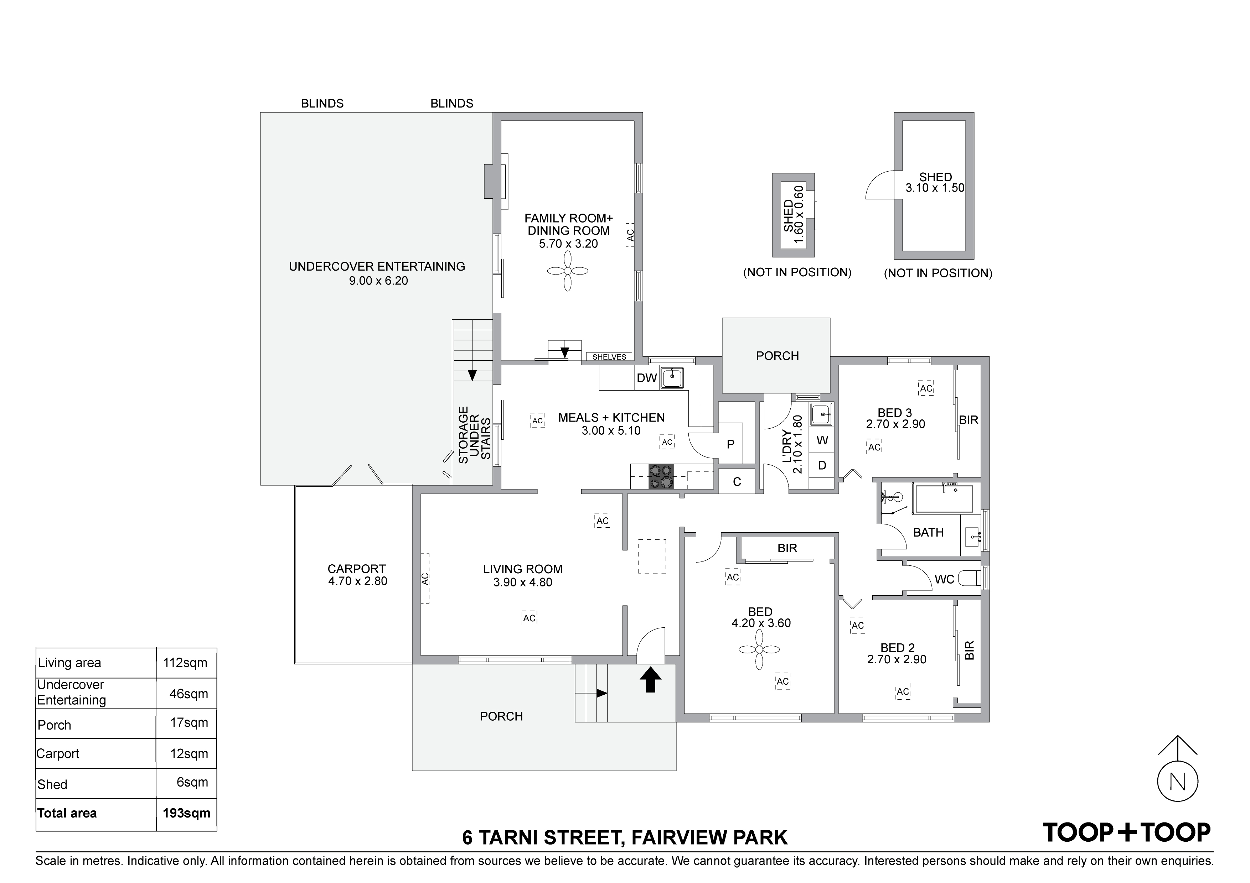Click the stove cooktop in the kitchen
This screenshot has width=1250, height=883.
(661, 477)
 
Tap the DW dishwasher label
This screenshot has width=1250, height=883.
(647, 377)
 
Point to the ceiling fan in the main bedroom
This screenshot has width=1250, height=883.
(759, 649)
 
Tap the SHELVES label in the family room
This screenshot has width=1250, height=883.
(609, 357)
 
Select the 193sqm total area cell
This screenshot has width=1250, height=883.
(187, 813)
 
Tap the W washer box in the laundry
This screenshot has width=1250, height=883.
(822, 440)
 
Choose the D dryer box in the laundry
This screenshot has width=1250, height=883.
(822, 465)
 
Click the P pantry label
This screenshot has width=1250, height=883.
(730, 444)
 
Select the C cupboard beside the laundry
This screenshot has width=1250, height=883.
(737, 481)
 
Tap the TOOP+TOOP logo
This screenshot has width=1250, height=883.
(1126, 832)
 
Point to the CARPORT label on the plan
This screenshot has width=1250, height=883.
(357, 569)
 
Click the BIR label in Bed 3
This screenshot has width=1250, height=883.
(969, 420)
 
